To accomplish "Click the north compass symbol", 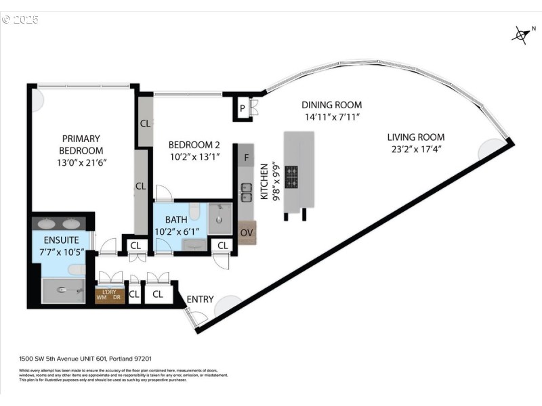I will [x=520, y=35].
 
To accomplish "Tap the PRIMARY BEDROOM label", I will [x=81, y=144].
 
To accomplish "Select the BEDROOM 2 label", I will [x=194, y=144].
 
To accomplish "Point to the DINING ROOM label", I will [x=331, y=105].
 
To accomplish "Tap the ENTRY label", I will [x=200, y=299].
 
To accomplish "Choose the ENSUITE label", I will [x=62, y=240].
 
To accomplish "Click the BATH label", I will [x=177, y=220].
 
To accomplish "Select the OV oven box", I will [x=246, y=233].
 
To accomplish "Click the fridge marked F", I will [x=246, y=157].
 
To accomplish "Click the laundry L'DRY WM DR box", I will [x=110, y=296].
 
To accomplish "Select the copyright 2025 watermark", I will [x=20, y=19].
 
